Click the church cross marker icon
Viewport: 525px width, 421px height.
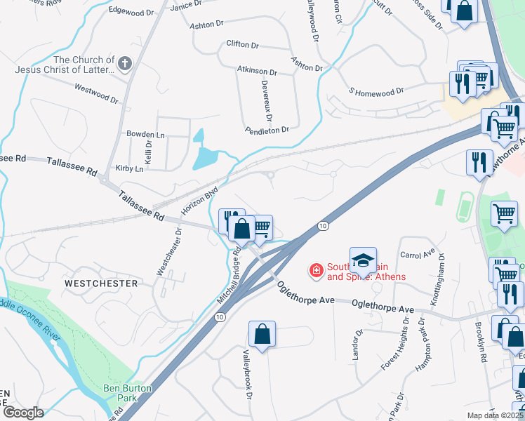[125, 65]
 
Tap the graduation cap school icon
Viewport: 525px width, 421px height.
[363, 260]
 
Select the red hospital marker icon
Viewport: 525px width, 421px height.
[316, 269]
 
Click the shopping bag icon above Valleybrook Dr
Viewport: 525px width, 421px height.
[262, 334]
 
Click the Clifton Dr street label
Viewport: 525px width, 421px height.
[243, 44]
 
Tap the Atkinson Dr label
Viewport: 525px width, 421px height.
[256, 72]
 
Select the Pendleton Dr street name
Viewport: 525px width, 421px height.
[267, 130]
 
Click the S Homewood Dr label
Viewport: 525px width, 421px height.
[376, 91]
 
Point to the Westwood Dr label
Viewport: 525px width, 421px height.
[96, 92]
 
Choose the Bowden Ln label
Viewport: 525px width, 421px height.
[145, 134]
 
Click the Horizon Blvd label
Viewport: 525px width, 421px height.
[200, 200]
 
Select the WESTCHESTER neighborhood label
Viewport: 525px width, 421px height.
[101, 283]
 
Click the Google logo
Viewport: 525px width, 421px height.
[23, 413]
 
